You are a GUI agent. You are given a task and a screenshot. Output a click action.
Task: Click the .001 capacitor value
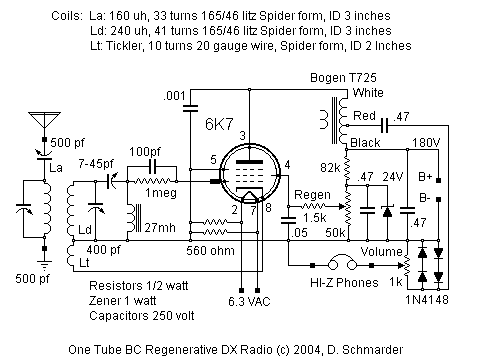[x=172, y=94]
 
